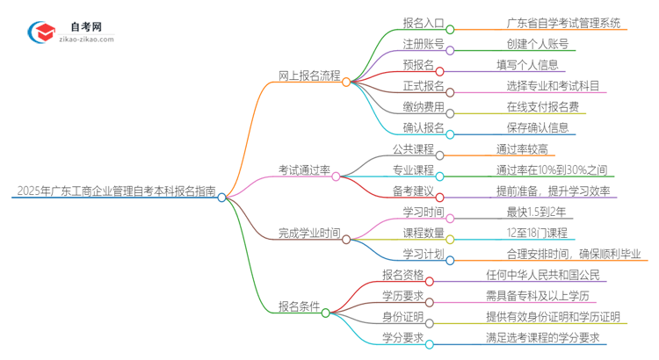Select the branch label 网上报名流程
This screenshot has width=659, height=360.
[309, 76]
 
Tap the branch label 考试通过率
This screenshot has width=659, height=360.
[303, 169]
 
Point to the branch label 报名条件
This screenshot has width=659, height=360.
[298, 306]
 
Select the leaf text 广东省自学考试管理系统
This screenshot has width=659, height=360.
[550, 24]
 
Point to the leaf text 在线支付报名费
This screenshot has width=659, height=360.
[541, 106]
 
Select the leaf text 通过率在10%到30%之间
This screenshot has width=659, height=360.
[551, 169]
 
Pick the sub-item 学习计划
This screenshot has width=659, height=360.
[423, 254]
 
